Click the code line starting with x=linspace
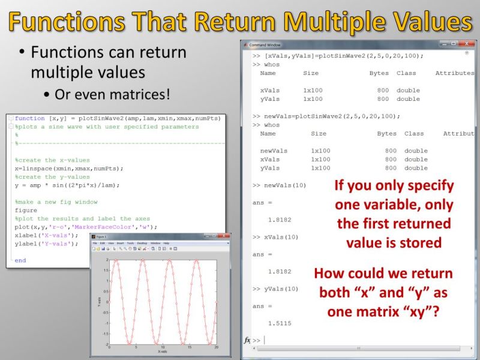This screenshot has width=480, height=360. coord(69,169)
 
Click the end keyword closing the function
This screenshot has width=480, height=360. coord(20,260)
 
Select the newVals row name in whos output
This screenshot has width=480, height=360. coord(274,151)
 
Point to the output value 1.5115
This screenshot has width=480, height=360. coord(280,323)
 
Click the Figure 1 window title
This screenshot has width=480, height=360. coord(101,238)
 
